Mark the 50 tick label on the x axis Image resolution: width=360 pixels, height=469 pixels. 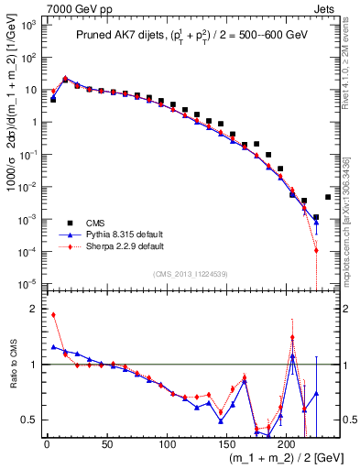pos(106,444)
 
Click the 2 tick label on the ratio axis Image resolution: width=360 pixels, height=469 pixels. pos(35,309)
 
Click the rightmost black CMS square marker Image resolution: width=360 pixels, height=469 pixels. pos(328,197)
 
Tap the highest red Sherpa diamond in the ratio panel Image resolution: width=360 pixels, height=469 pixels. pos(53,315)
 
